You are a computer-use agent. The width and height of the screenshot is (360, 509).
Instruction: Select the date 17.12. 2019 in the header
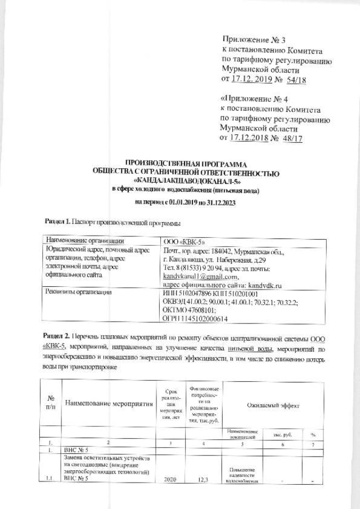251,80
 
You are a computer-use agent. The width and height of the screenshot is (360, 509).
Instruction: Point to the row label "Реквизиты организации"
79,292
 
